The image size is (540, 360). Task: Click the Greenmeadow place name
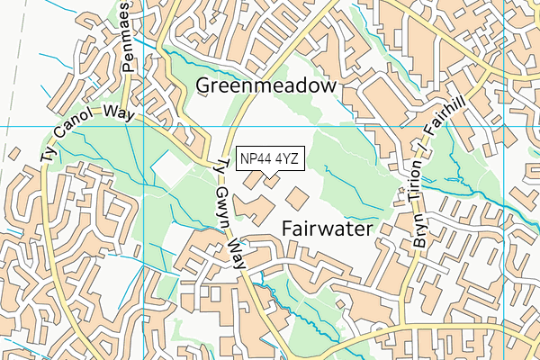click(x=266, y=85)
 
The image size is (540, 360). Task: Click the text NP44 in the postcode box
click(x=256, y=159)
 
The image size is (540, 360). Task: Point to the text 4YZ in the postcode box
click(x=287, y=159)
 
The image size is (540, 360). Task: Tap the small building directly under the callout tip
click(x=270, y=184)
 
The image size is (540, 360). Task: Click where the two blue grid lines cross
click(x=145, y=127)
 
